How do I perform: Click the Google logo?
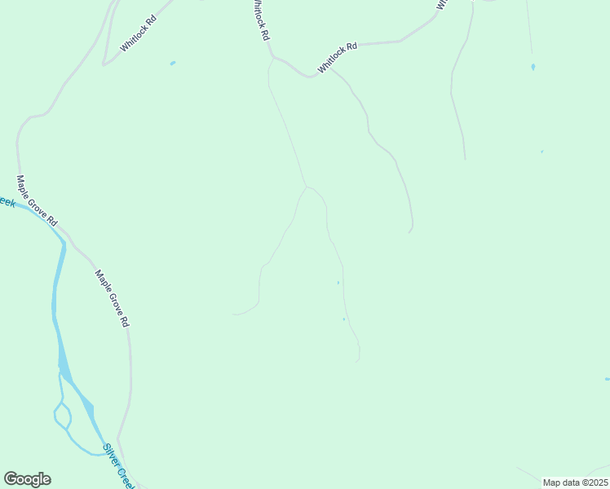27,479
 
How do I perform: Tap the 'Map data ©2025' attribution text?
575,482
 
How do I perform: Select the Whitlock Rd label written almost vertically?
260,21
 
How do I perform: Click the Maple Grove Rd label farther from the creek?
113,298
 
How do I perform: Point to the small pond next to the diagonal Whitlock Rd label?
172,63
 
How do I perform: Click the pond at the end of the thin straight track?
533,67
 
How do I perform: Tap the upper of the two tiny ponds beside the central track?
338,283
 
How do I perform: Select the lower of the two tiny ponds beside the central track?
344,319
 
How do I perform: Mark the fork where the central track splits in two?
307,187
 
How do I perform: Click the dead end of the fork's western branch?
233,314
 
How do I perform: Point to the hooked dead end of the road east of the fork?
409,232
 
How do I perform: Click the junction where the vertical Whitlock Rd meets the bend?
272,57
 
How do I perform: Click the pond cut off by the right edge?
607,379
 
